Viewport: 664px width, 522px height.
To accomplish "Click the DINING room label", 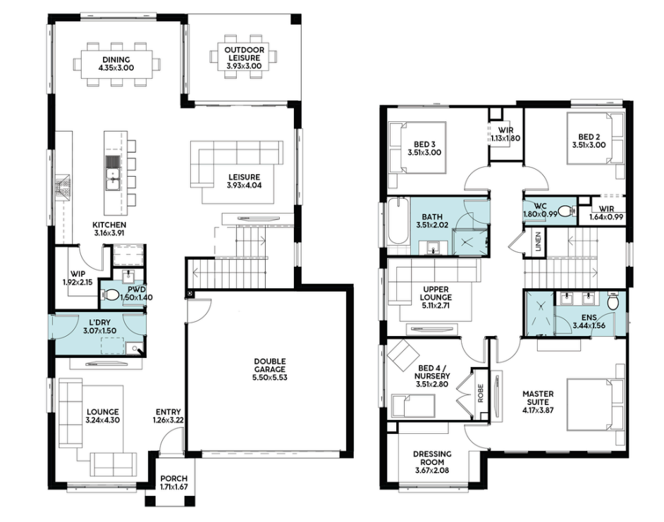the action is point(116,60).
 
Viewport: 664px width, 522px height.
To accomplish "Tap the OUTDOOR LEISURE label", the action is point(245,54).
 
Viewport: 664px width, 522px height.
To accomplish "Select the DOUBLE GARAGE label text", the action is point(270,366).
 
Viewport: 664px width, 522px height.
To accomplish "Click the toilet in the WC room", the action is point(567,211).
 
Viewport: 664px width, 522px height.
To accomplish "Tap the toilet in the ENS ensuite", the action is point(613,301).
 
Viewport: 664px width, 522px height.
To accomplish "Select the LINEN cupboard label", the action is point(539,242).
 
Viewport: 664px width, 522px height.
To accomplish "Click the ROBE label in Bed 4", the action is point(481,393).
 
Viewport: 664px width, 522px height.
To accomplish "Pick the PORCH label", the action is point(173,479).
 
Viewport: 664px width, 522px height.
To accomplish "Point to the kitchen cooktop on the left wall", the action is point(62,187).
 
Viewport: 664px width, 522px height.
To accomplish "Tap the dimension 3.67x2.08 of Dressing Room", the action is point(432,471).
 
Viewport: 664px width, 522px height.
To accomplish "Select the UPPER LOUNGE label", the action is point(436,293).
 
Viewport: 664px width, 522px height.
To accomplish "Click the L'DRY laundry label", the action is point(99,323).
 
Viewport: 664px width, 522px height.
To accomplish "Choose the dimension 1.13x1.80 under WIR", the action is point(505,138).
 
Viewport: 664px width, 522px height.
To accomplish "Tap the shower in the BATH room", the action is point(470,242).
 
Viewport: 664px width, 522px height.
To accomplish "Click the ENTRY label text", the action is point(168,412).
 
